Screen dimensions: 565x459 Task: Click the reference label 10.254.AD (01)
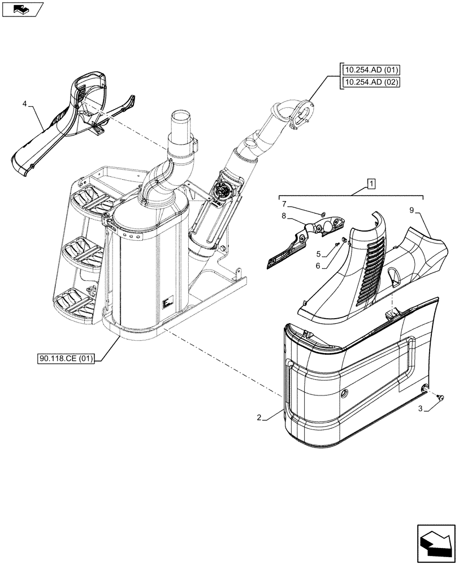(x=370, y=71)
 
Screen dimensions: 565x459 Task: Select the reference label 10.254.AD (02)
(x=370, y=82)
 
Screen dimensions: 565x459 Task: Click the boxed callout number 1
(x=370, y=184)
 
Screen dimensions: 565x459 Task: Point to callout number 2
(x=259, y=418)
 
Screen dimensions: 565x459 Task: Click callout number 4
(x=25, y=104)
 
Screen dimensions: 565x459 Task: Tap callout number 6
(x=319, y=266)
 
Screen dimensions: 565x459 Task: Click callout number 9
(x=412, y=210)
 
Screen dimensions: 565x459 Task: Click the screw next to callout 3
(x=440, y=398)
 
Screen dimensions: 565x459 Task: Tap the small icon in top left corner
(x=21, y=9)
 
